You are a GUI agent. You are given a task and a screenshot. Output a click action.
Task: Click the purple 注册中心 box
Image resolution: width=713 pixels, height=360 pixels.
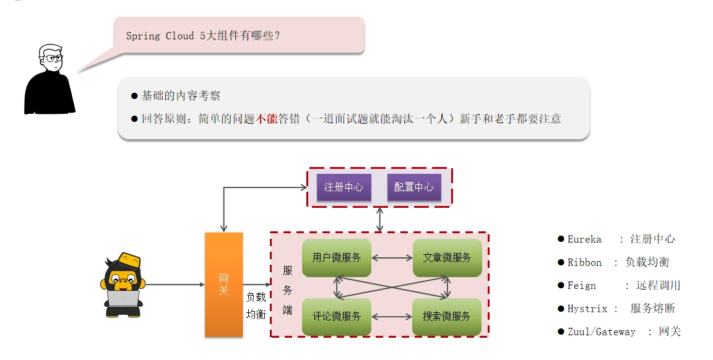pos(344,187)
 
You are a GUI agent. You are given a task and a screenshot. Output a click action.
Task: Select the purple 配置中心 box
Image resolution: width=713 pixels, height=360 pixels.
pos(414,187)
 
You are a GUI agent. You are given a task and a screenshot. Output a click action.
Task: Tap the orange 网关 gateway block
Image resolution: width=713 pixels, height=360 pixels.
pos(223,285)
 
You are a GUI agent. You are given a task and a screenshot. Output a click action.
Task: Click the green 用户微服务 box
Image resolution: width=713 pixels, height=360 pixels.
pos(337,258)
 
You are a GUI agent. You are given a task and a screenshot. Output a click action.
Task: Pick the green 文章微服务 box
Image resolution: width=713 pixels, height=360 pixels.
pos(447,258)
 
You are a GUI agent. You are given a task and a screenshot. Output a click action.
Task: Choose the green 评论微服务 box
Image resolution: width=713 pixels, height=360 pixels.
pos(337,316)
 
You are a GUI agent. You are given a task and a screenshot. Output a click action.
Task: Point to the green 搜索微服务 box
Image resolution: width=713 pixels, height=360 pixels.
pos(447,316)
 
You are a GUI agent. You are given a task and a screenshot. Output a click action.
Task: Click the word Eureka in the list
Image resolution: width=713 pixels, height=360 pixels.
pos(584,239)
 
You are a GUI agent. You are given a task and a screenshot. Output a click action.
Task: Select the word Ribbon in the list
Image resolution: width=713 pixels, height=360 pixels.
pos(584,263)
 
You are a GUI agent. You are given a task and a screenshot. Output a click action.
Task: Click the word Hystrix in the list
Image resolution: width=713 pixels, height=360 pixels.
pos(587,309)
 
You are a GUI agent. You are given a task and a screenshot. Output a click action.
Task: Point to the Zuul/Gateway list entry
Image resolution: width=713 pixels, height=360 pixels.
pos(601,332)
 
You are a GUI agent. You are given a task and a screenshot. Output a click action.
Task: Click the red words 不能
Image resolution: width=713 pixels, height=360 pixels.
pos(267,119)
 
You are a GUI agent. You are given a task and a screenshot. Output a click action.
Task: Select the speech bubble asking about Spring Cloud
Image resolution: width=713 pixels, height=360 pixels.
pos(239,35)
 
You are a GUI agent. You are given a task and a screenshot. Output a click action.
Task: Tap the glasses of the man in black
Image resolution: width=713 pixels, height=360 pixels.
pos(53,58)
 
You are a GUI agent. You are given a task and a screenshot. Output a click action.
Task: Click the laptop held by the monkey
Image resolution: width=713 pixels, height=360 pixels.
pos(123,299)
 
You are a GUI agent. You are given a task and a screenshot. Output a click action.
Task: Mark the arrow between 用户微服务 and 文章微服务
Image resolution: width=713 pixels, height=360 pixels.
pos(392,258)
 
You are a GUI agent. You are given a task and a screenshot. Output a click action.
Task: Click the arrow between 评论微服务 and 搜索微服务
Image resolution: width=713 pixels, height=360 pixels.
pos(392,316)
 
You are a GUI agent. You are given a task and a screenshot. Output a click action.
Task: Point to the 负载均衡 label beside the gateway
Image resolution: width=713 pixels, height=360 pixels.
pos(256,306)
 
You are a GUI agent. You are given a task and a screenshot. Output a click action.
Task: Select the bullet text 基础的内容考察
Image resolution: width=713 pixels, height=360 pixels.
pos(181,96)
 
